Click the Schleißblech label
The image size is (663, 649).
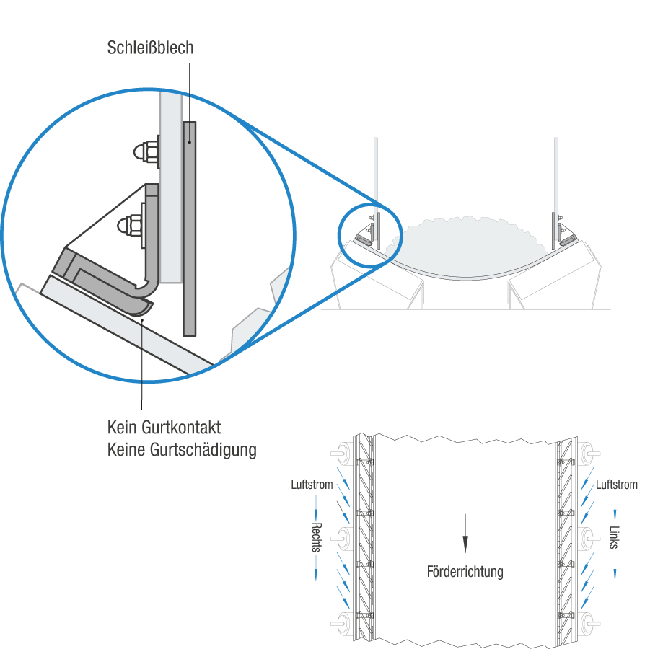(x=150, y=49)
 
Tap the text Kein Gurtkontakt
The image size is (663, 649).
(x=164, y=428)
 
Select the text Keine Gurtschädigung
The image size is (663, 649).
(x=182, y=450)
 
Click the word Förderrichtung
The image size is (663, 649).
(x=465, y=572)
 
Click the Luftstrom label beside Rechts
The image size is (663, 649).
(x=312, y=485)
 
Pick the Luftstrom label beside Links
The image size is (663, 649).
(x=616, y=485)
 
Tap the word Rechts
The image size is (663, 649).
(x=316, y=537)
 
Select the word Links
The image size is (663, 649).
(x=614, y=537)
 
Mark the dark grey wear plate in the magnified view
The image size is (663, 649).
(x=190, y=227)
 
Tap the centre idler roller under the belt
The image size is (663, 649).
(x=465, y=292)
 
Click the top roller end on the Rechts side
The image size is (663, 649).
(x=341, y=454)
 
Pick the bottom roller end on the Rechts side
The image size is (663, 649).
(x=341, y=620)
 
